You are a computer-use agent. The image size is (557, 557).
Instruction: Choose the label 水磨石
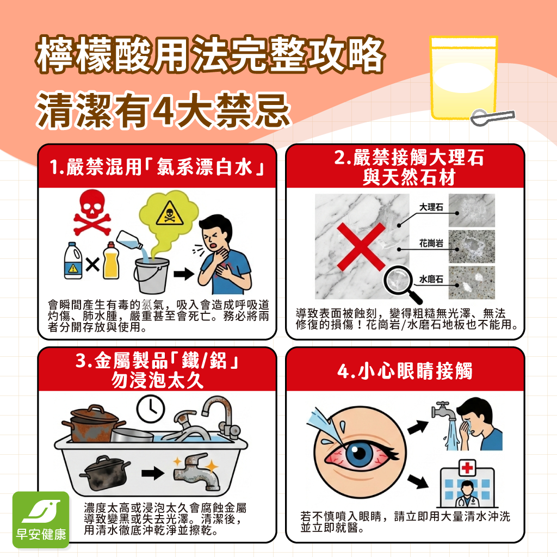pyautogui.click(x=431, y=280)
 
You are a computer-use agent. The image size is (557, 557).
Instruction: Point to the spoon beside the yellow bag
pyautogui.click(x=492, y=116)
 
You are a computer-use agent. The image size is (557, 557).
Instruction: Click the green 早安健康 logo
pyautogui.click(x=41, y=519)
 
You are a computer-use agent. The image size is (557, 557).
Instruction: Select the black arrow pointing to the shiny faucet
pyautogui.click(x=154, y=472)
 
